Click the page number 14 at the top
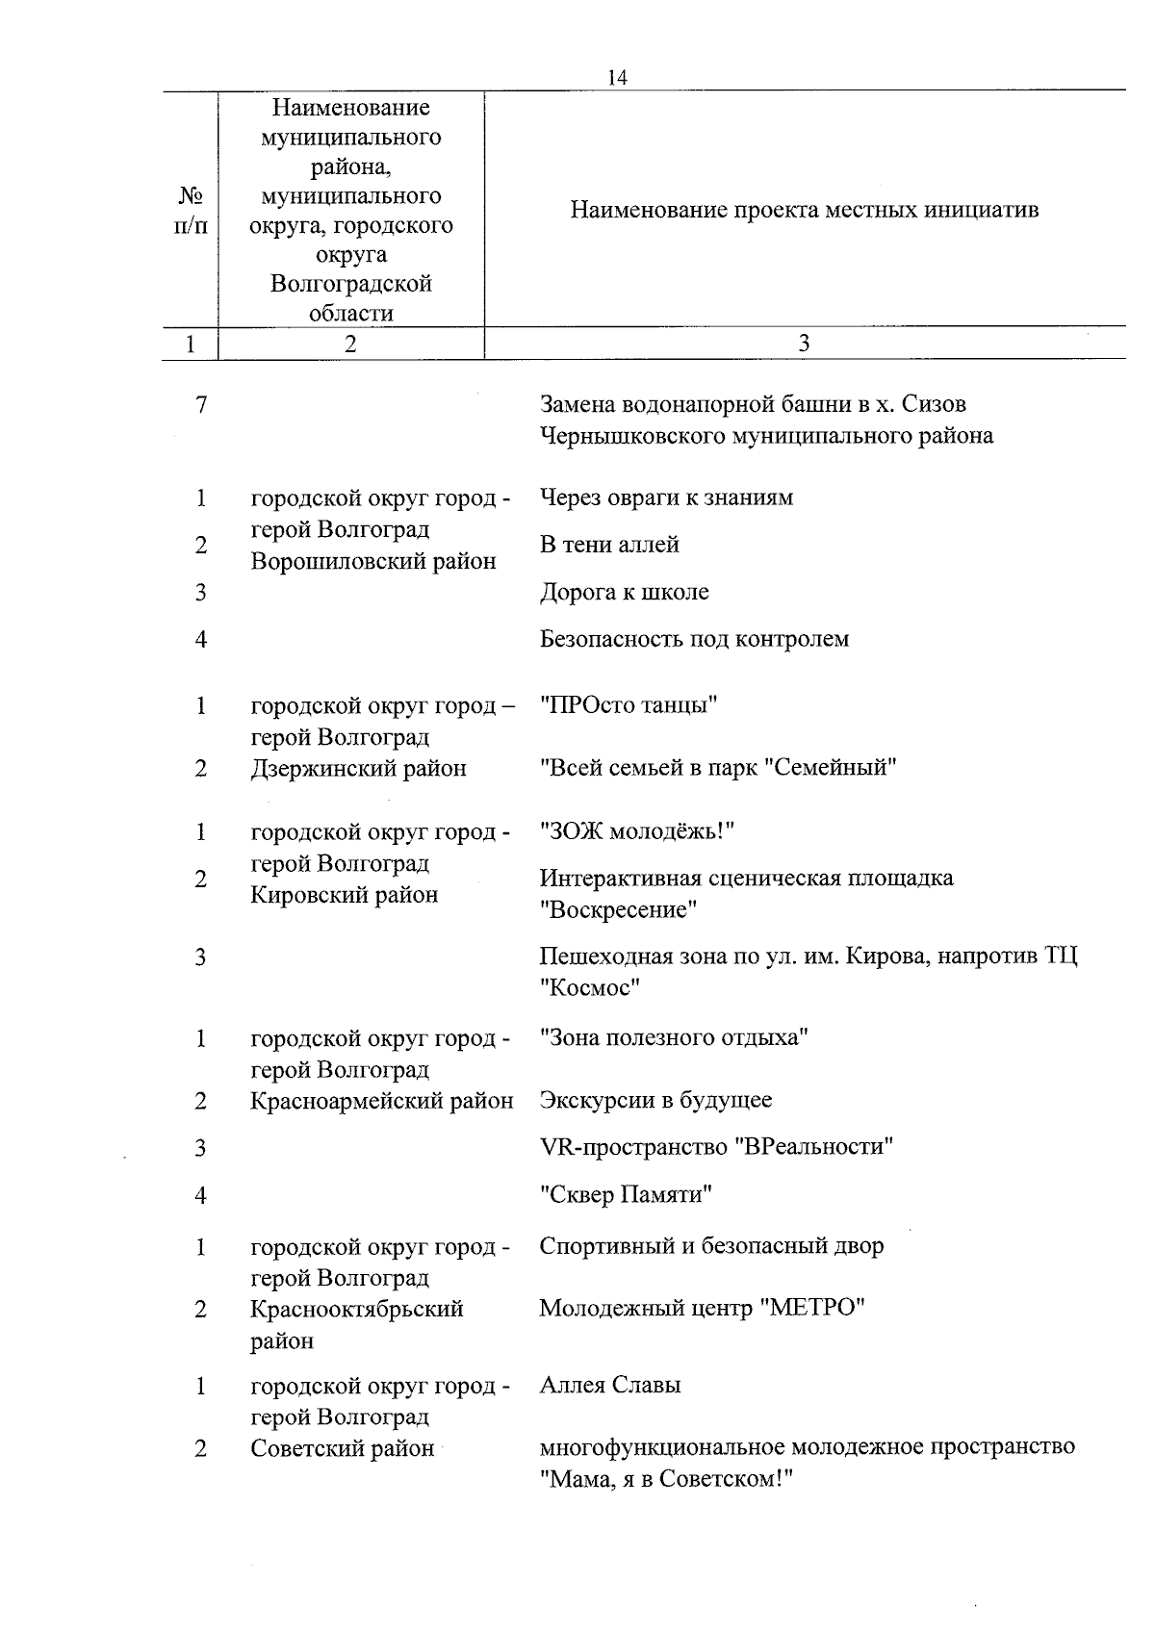[618, 78]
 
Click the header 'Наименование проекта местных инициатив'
[804, 210]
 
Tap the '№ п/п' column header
[191, 210]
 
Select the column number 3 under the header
[804, 344]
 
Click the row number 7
[200, 405]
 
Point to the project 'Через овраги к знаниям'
[666, 498]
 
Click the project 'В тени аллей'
[609, 545]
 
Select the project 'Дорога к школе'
[624, 592]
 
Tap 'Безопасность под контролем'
[694, 639]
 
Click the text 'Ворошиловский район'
[373, 561]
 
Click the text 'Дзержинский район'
[358, 768]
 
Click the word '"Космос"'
[589, 987]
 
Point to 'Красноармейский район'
[381, 1100]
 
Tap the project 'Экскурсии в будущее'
[655, 1100]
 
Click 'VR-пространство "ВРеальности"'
[716, 1147]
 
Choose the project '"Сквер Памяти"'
[626, 1195]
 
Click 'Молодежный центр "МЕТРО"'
[702, 1308]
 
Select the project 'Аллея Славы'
[610, 1385]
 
